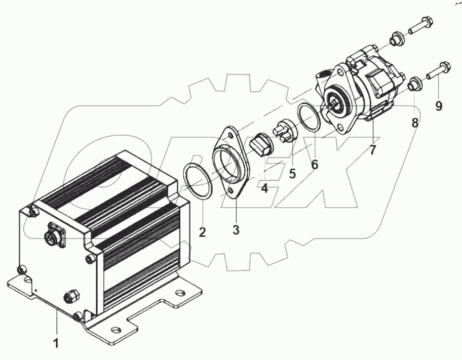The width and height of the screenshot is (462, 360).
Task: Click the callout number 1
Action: click(x=56, y=343)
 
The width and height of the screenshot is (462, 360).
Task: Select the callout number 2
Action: click(x=202, y=232)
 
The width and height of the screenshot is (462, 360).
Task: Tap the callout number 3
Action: click(x=236, y=229)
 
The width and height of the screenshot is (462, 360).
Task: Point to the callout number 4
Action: click(x=264, y=187)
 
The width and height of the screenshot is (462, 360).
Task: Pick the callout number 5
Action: click(x=292, y=173)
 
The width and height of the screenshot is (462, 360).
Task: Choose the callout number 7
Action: click(x=372, y=150)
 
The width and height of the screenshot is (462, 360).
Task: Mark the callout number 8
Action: click(x=415, y=123)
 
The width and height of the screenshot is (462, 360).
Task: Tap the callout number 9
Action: click(x=439, y=106)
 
